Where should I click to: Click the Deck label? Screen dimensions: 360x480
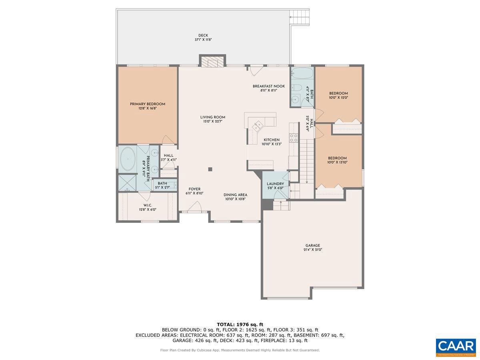point(203,37)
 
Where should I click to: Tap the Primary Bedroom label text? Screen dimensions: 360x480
point(148,106)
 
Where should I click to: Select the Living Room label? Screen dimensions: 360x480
point(213,119)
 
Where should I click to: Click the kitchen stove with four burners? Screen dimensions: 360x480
point(294,138)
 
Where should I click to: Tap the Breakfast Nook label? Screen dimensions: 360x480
point(268,88)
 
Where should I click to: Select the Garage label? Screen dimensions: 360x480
point(313,247)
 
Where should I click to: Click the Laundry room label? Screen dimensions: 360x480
point(275,186)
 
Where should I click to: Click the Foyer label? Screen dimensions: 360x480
point(195,191)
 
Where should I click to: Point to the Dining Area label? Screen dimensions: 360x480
point(235,196)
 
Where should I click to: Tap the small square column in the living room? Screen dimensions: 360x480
point(210,169)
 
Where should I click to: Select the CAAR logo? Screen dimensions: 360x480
point(456,347)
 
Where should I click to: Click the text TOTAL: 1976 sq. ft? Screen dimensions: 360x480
point(240,324)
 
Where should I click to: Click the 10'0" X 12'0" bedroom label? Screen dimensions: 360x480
point(338,95)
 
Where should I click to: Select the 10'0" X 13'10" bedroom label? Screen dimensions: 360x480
point(337,160)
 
